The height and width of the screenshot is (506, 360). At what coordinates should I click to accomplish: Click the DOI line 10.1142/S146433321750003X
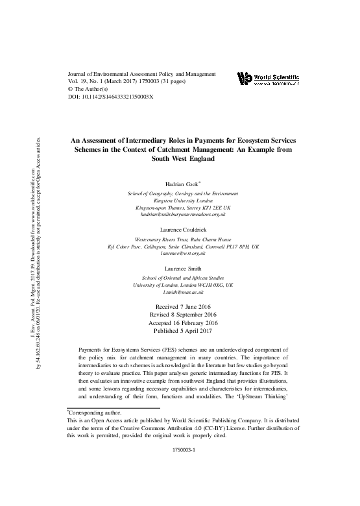110,97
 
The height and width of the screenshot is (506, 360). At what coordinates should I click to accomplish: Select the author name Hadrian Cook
181,184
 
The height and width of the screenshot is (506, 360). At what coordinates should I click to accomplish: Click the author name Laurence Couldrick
182,230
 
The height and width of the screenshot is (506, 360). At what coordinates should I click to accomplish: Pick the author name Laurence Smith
182,268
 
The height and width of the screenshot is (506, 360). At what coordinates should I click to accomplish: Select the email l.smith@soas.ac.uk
182,293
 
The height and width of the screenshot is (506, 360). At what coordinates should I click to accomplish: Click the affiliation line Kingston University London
182,200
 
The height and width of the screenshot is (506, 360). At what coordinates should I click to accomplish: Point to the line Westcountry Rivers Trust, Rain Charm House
182,239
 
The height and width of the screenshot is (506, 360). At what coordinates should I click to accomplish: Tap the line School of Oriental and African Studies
182,277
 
